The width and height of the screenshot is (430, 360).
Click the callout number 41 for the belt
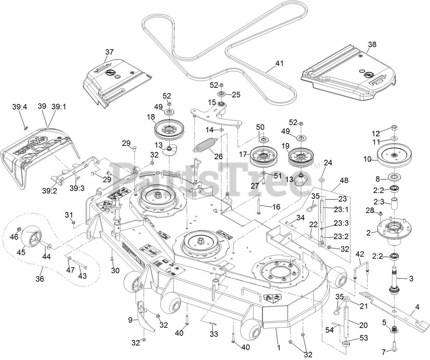(280, 63)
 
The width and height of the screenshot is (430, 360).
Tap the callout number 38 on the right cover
(372, 44)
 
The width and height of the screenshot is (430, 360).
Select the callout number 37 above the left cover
(109, 52)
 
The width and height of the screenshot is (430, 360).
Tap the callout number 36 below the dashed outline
(40, 279)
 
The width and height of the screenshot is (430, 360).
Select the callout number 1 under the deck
(279, 348)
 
